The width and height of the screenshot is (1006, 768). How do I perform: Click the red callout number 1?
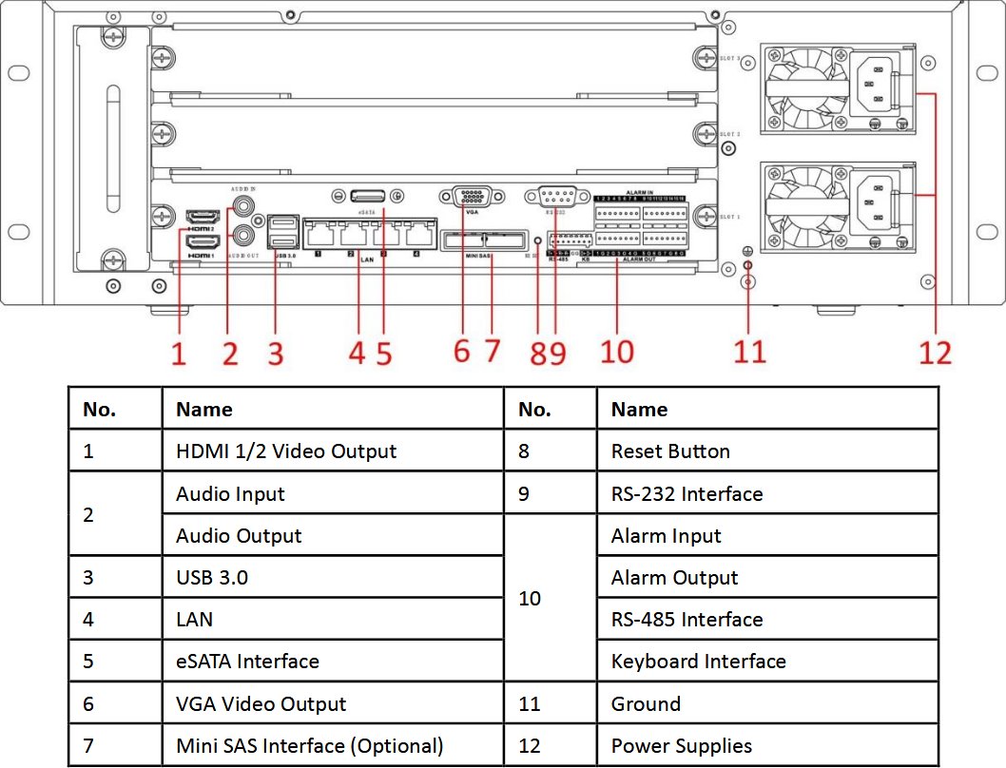point(179,353)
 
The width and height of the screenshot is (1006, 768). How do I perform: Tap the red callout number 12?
point(935,353)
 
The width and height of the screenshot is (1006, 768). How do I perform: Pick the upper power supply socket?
point(877,85)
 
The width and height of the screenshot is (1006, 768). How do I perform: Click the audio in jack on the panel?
point(247,202)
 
